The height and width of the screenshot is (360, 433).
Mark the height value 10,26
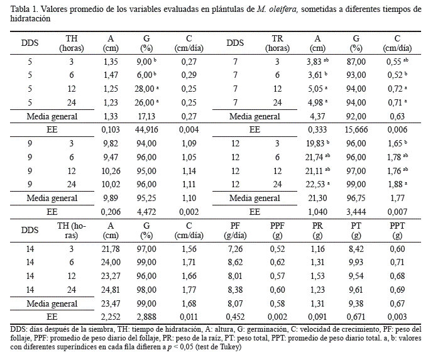pos(110,170)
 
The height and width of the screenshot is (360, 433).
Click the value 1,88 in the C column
pos(394,183)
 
